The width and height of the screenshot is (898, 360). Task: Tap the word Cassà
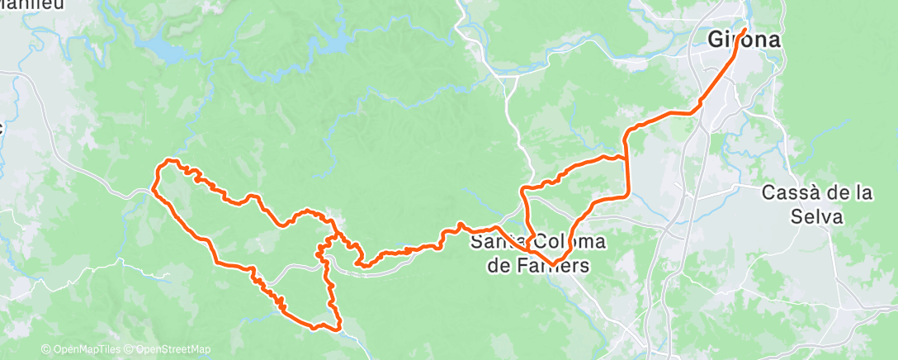791,192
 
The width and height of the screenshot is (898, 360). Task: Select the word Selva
814,217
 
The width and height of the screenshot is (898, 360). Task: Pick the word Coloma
570,242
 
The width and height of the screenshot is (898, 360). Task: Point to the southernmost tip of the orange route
338,329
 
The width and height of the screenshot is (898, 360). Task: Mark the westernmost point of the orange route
154,189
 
